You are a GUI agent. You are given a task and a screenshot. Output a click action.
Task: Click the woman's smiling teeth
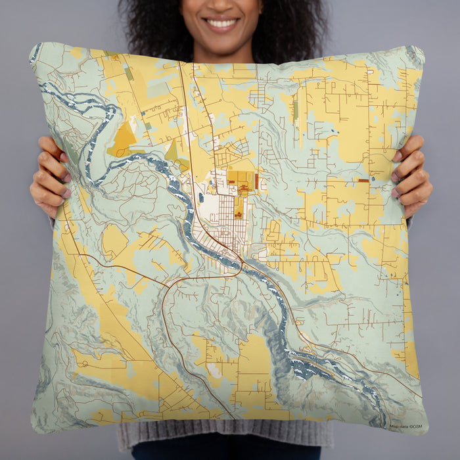pos(222,23)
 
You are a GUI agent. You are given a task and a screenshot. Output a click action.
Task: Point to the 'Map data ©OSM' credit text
pos(405,427)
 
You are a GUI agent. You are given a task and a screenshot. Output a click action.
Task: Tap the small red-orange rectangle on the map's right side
pos(363,180)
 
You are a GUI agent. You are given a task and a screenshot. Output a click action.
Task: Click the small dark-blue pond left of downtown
pos(200,196)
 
